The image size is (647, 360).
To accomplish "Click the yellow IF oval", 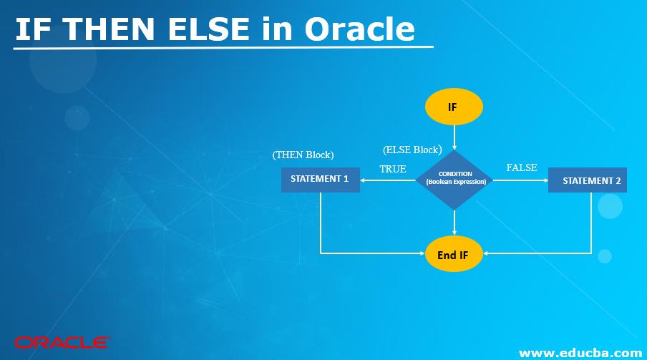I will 454,107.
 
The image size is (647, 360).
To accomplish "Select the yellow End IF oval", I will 454,253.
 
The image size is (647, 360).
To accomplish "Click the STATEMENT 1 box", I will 320,179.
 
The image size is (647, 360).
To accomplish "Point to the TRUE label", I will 392,170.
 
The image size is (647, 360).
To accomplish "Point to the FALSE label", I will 521,167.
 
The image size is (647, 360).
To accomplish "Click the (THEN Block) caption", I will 303,155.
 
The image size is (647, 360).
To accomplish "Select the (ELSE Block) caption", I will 412,150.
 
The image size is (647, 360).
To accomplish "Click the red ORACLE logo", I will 61,343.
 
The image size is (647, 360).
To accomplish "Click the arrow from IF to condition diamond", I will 454,137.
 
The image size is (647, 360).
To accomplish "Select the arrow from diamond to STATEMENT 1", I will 387,180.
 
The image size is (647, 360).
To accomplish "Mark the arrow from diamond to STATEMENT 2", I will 520,180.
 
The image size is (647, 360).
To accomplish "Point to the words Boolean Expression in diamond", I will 455,182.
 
